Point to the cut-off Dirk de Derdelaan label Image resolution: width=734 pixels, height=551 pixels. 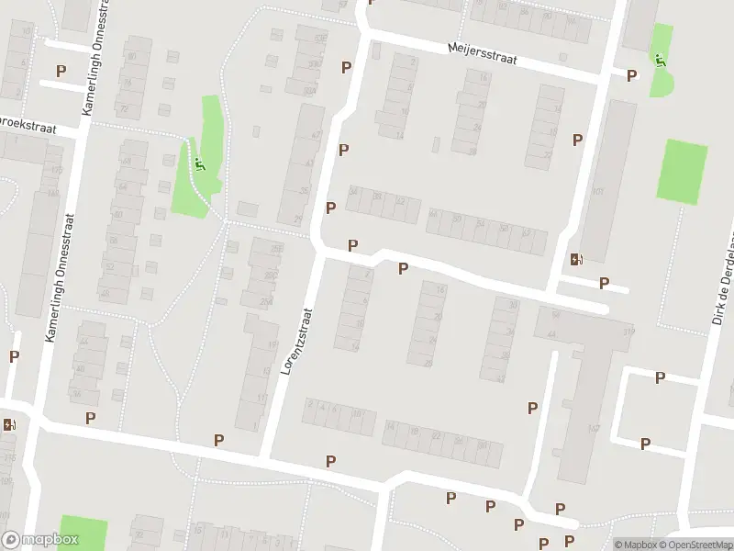(723, 293)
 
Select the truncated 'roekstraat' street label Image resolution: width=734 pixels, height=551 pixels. (28, 125)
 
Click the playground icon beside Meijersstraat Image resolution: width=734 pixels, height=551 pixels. (660, 59)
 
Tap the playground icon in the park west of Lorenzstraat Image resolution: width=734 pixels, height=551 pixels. (198, 166)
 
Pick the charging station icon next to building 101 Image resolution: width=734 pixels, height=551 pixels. (575, 260)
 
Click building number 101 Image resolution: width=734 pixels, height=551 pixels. (598, 192)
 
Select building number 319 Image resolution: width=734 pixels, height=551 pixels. (628, 332)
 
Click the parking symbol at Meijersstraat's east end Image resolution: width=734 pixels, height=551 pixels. (631, 76)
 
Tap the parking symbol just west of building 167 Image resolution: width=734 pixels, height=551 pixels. (532, 408)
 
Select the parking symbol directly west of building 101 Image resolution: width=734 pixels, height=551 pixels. (577, 141)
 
